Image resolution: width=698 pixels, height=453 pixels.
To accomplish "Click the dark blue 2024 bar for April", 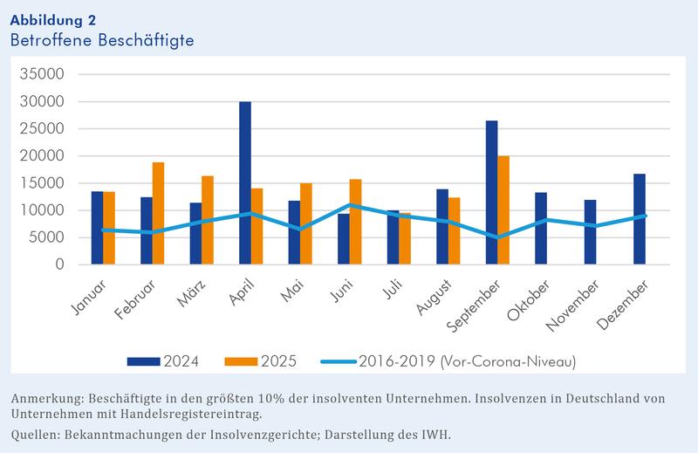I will tap(245, 183).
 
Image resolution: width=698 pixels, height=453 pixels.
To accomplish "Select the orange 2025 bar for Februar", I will tap(158, 213).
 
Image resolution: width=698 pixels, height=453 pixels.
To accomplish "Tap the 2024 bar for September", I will tap(492, 192).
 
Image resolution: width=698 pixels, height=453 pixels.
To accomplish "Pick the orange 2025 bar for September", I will tap(503, 210).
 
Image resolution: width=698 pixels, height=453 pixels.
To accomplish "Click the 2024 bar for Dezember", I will tap(640, 219).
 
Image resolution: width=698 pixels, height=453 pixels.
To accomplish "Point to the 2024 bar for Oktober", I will tap(541, 228).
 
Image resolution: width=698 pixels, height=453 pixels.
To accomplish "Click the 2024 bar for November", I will tap(591, 232).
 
